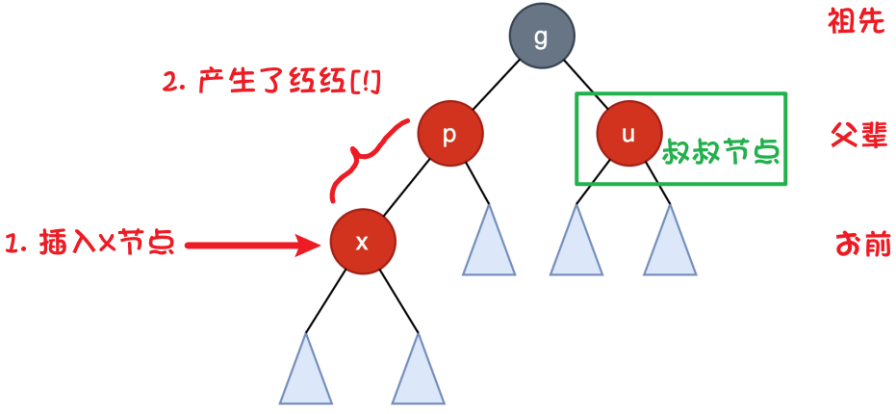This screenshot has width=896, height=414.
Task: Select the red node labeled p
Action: click(x=449, y=134)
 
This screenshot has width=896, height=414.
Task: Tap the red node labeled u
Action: click(x=628, y=134)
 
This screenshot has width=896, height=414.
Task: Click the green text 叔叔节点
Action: click(x=720, y=151)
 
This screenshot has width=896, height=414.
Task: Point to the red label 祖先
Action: click(x=855, y=23)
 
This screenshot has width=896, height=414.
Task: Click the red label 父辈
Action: click(x=857, y=136)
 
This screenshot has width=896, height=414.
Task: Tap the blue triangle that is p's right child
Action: click(x=489, y=245)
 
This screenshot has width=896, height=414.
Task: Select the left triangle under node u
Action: click(x=576, y=245)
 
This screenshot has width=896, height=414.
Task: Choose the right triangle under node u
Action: click(x=670, y=245)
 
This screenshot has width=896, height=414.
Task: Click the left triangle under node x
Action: click(x=306, y=374)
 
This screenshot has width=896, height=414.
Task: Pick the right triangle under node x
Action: click(x=418, y=374)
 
